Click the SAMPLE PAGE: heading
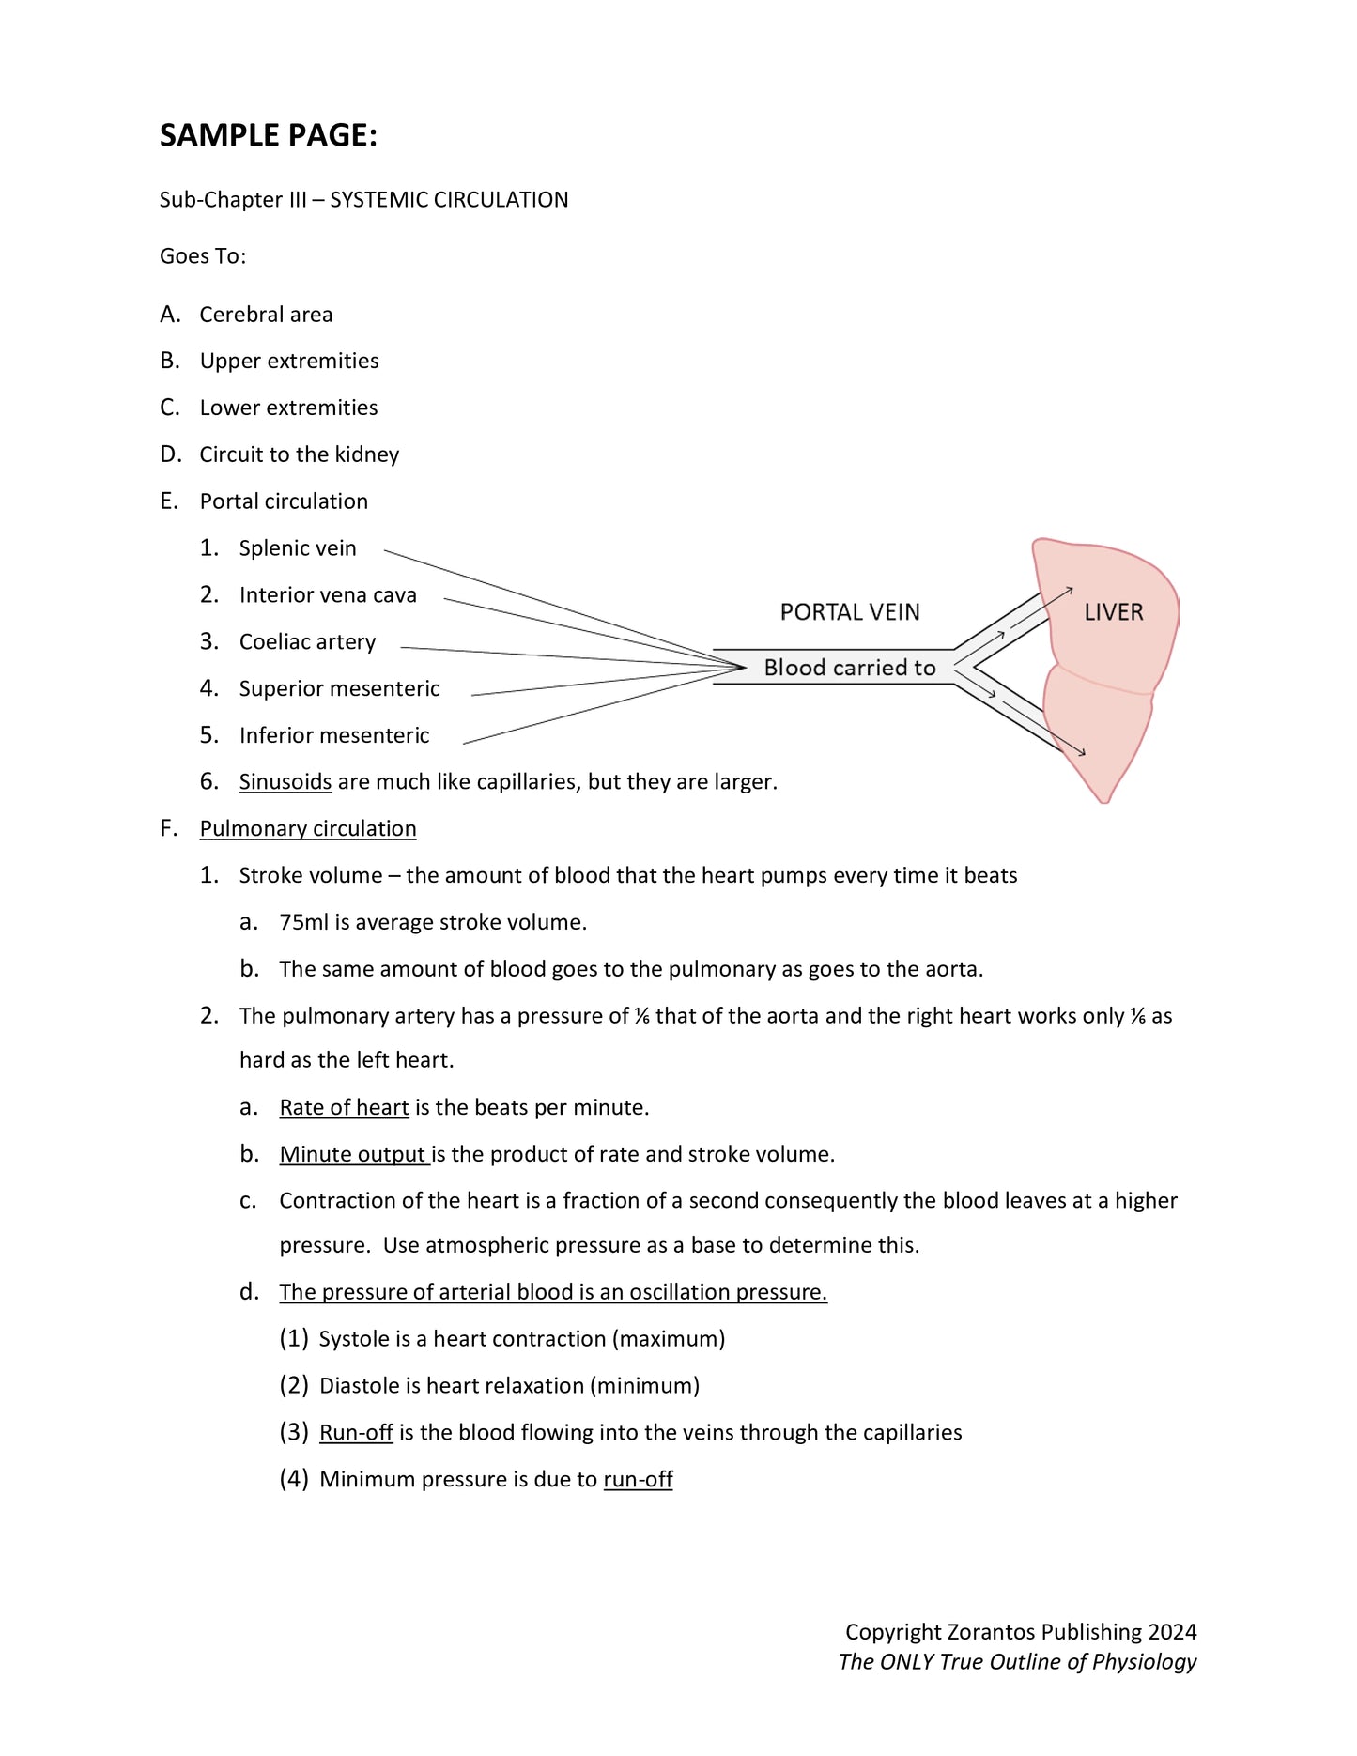tap(268, 136)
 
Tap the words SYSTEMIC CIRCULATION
tap(449, 200)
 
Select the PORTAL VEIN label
tap(850, 612)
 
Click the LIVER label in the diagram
tap(1113, 612)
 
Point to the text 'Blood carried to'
tap(849, 668)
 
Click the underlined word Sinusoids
tap(285, 782)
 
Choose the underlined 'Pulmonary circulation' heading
tap(308, 829)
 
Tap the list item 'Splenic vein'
tap(298, 548)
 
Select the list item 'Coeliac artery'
tap(307, 642)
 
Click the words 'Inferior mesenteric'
tap(334, 736)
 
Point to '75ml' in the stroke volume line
tap(303, 923)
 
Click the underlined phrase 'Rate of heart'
tap(344, 1108)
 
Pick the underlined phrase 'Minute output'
tap(353, 1155)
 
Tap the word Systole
tap(353, 1339)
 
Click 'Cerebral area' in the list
tap(266, 315)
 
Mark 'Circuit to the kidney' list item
tap(299, 455)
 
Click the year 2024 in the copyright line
tap(1172, 1632)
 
